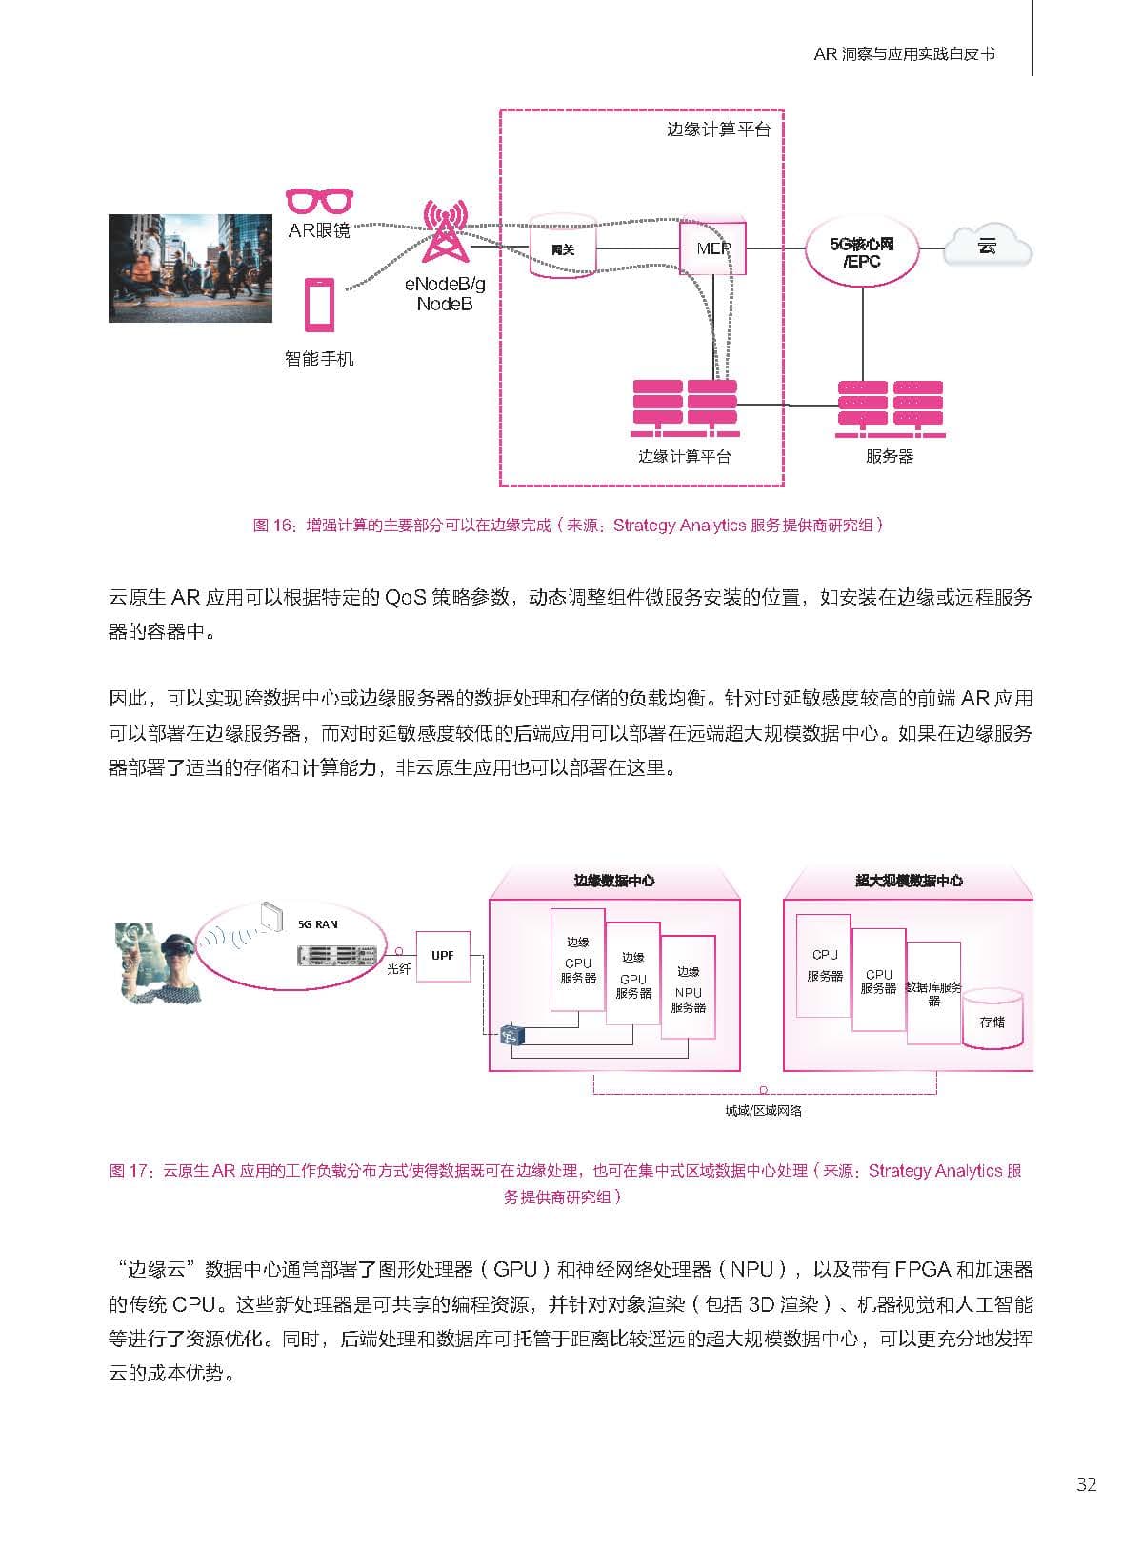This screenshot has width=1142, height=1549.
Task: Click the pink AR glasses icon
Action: (x=320, y=201)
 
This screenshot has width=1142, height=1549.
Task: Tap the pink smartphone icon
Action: (x=320, y=305)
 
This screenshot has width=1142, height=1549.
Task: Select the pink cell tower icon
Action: (x=446, y=230)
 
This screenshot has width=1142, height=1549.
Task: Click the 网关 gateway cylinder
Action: (x=562, y=247)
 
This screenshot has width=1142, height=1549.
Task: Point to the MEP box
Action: (x=712, y=248)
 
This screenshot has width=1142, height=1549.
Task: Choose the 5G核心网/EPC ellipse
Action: (x=862, y=252)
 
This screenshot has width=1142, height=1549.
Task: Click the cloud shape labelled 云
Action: (x=987, y=247)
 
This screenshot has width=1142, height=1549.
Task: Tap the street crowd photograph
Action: (x=190, y=268)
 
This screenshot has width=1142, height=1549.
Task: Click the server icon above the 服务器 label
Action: (x=891, y=408)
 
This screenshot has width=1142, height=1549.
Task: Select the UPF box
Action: (x=443, y=957)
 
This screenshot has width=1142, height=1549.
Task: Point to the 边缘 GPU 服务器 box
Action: (x=632, y=974)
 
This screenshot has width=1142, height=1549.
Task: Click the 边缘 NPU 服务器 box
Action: (x=689, y=987)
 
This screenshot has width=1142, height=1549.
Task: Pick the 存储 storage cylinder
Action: (x=992, y=1019)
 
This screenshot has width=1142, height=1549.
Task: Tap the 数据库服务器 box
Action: (x=933, y=993)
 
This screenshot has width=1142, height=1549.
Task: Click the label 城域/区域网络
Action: (x=763, y=1111)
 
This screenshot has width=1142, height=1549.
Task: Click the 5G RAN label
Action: (x=317, y=924)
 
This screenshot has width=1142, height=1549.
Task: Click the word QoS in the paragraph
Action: (x=405, y=597)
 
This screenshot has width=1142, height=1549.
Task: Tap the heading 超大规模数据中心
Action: (x=909, y=881)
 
